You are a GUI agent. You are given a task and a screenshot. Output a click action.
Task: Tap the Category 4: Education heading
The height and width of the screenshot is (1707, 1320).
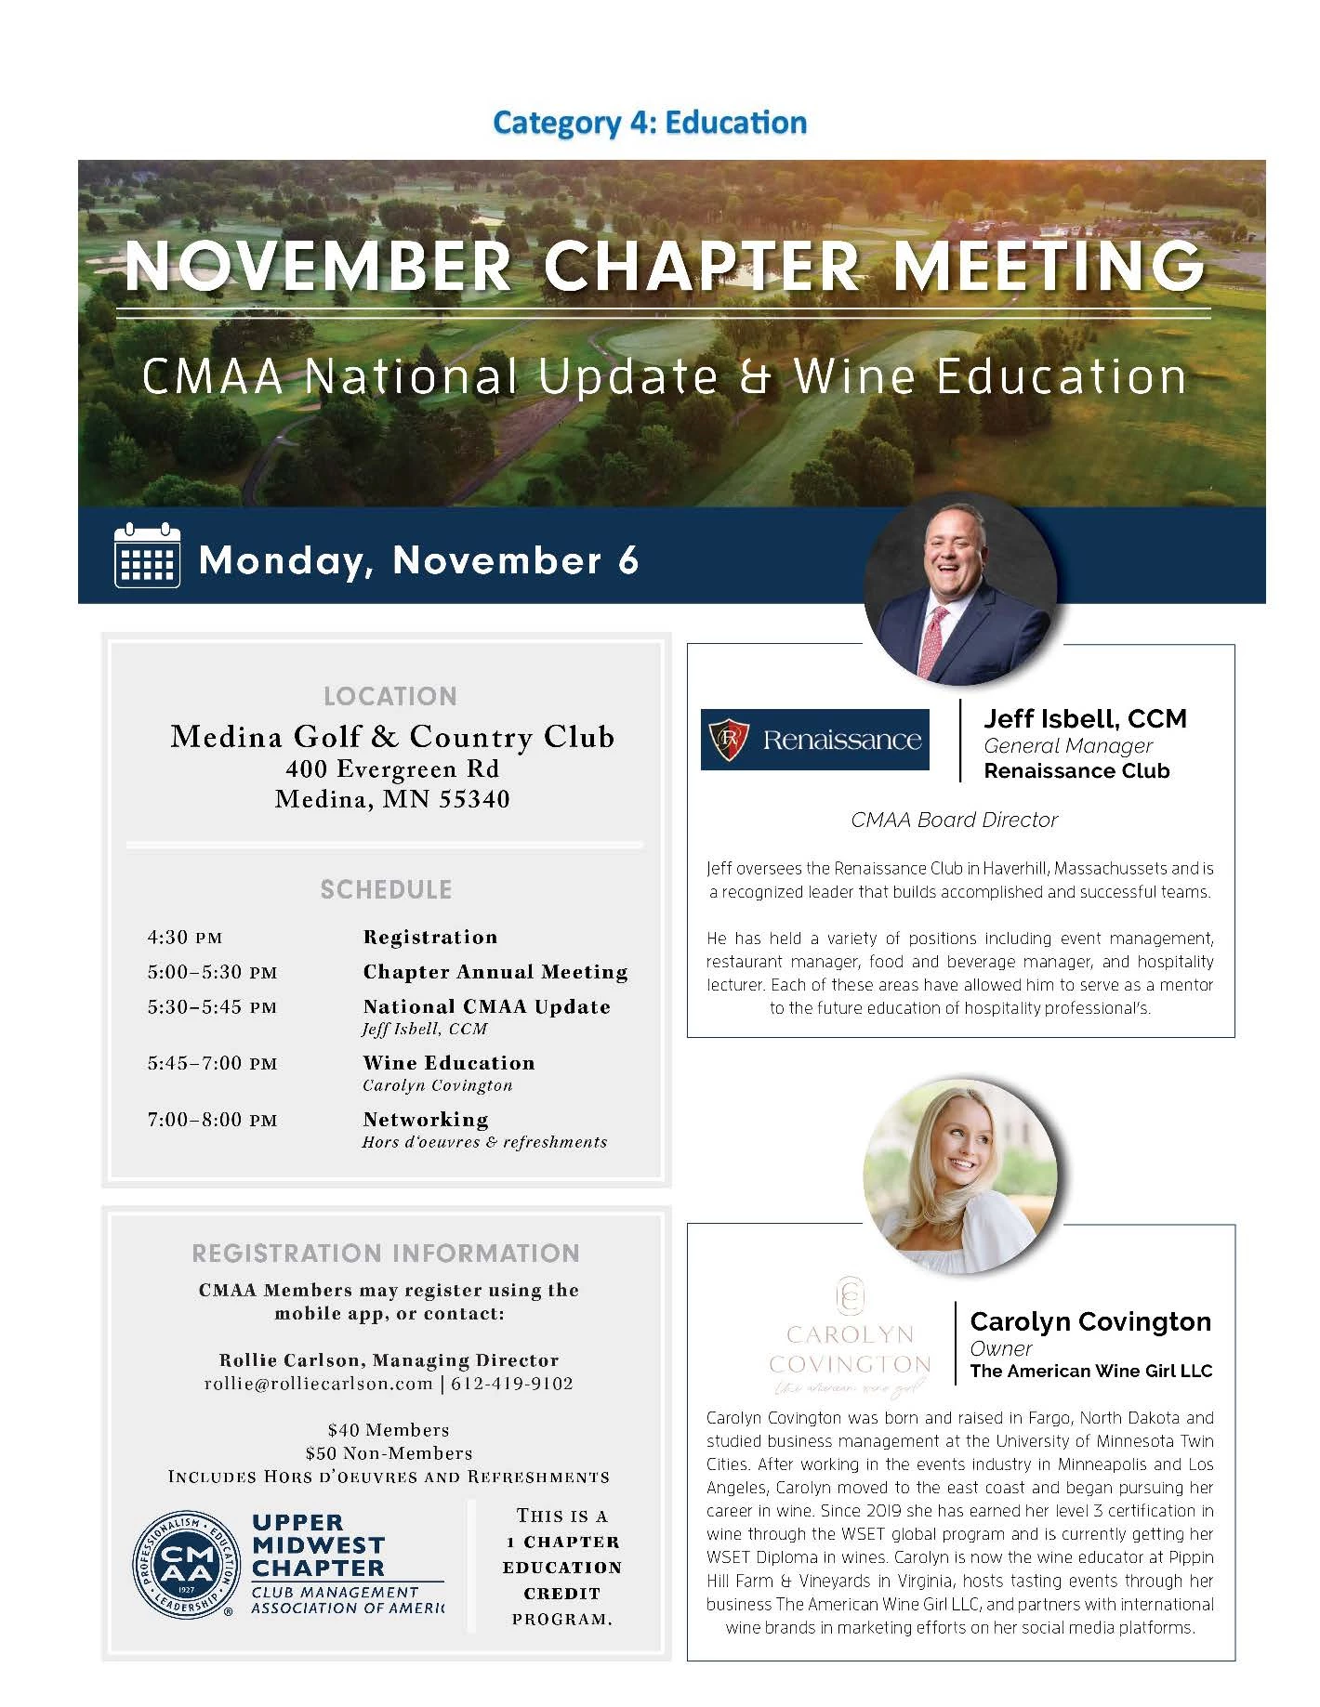coord(649,123)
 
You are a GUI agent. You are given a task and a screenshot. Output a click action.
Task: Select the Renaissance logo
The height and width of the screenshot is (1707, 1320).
coord(814,740)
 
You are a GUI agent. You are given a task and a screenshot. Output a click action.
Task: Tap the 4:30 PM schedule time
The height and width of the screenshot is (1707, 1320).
coord(185,938)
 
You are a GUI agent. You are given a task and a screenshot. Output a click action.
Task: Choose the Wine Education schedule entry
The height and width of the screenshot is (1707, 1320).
coord(449,1063)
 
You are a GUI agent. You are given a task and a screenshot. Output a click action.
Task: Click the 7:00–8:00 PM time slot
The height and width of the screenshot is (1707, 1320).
coord(212,1121)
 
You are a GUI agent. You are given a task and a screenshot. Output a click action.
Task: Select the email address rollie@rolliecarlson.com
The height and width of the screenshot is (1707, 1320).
coord(319,1384)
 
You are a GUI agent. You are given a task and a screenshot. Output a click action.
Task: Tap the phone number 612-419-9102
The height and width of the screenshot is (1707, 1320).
coord(512,1384)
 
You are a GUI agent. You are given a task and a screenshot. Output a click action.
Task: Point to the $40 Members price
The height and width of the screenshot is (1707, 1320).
coord(389,1430)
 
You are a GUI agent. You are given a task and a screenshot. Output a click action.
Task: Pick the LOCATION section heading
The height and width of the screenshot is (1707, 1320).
coord(389,696)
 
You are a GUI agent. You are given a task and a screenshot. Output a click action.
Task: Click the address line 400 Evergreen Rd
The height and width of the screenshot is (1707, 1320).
coord(392,769)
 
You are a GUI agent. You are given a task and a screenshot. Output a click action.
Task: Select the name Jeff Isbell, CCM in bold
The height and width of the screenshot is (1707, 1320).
coord(1085,718)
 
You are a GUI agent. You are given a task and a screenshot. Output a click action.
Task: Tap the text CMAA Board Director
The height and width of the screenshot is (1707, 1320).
coord(955,820)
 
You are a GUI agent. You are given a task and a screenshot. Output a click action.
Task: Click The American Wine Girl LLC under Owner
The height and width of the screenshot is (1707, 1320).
coord(1090,1371)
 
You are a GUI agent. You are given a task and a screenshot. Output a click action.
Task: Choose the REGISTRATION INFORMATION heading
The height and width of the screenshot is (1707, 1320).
coord(386,1253)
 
